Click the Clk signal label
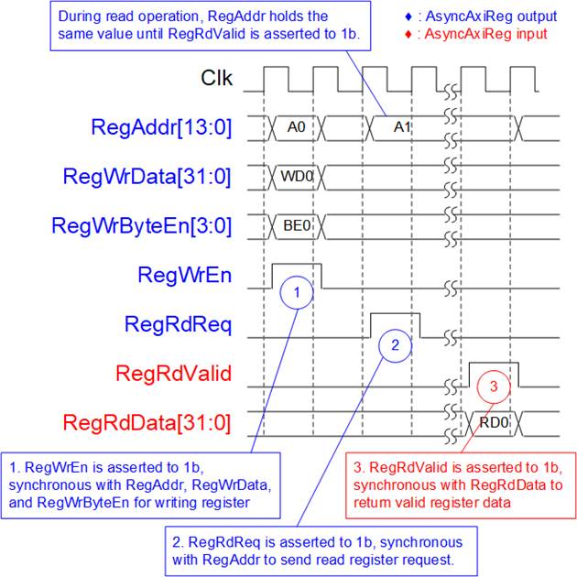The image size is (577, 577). coord(216,78)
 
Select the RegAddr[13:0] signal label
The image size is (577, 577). coord(161,127)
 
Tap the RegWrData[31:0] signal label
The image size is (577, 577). coord(147,177)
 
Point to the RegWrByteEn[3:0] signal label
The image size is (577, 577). coord(142,225)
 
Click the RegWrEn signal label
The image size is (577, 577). coord(185,275)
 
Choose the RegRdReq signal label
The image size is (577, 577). coord(178,324)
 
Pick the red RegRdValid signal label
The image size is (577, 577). coord(174,373)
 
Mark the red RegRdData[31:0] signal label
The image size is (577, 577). coord(147,422)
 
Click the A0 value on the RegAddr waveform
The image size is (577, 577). coord(296,127)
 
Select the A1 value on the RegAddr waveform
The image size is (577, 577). coord(402,127)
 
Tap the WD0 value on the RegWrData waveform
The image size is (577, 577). coord(297,177)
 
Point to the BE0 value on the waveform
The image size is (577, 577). coord(297,225)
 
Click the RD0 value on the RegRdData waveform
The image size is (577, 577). coord(494,422)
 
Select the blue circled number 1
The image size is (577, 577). coord(297,292)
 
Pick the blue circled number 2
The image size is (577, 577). coord(396,345)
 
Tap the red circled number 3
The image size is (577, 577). coord(494,386)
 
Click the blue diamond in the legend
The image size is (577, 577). coord(408,16)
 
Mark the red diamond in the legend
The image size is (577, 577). coord(408,35)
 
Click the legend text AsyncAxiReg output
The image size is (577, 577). coord(491,16)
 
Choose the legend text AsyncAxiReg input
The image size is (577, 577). coord(485,34)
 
